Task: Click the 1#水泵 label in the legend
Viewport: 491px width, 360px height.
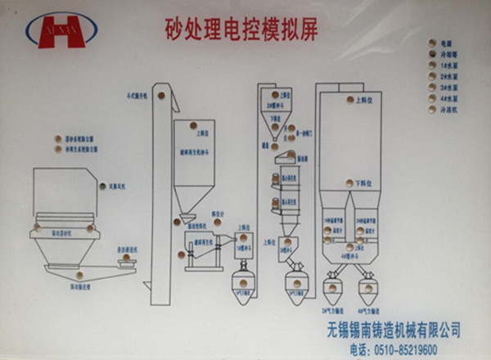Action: [x=450, y=65]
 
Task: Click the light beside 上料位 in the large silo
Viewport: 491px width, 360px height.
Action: [x=350, y=102]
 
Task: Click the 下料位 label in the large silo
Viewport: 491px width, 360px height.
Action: [x=363, y=183]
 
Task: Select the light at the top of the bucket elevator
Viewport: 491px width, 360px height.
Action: [x=161, y=95]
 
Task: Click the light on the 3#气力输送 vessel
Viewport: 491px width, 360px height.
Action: [x=332, y=287]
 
